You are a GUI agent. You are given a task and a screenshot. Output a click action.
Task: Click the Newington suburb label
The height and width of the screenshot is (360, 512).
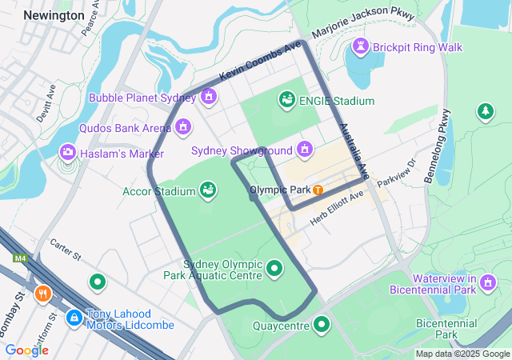(54, 15)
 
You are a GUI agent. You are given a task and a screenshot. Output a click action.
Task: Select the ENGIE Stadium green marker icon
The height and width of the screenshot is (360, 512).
(286, 100)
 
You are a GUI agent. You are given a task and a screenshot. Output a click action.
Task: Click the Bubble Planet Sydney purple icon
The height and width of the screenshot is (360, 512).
(209, 98)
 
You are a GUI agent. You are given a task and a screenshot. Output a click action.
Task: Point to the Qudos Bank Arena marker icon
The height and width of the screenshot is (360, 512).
(183, 127)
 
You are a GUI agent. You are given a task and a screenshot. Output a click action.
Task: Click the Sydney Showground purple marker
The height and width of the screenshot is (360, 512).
(304, 150)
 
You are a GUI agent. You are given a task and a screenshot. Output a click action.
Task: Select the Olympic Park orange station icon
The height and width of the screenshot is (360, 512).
(318, 190)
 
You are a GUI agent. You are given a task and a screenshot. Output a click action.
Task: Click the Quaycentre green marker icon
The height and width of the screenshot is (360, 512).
(322, 324)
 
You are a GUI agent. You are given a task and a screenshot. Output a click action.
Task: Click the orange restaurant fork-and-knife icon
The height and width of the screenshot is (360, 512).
(43, 293)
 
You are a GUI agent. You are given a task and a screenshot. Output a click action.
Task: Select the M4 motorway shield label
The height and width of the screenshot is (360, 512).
(20, 258)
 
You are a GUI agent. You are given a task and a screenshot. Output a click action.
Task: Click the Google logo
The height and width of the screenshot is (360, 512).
(26, 350)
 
